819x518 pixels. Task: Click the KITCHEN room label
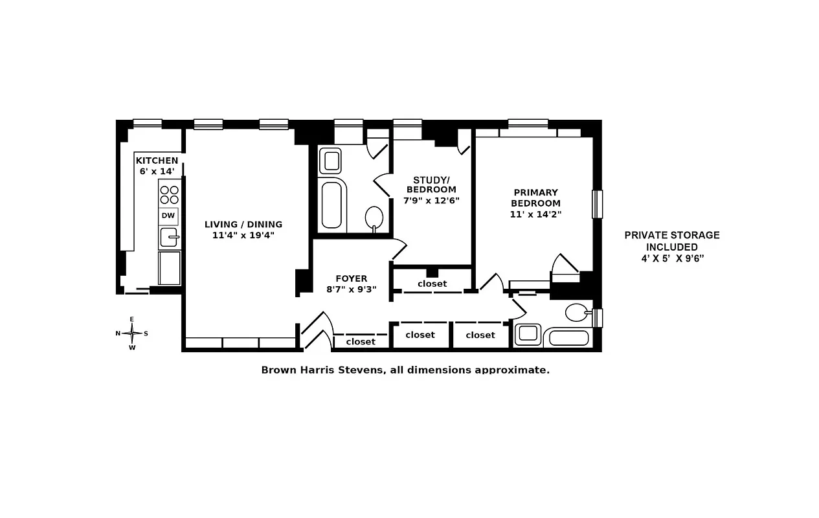(157, 161)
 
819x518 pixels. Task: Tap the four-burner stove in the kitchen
(169, 195)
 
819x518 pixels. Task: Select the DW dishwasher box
(168, 216)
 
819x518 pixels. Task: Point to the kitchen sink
(169, 238)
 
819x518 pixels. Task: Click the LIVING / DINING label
(243, 225)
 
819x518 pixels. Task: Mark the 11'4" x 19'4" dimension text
(243, 235)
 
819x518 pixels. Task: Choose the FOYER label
(352, 279)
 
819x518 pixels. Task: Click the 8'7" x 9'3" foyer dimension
(352, 289)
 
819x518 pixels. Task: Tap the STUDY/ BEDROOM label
(431, 185)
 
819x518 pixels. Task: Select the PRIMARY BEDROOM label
(535, 197)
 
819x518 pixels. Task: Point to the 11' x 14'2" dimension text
(535, 213)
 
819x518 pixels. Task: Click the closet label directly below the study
(432, 284)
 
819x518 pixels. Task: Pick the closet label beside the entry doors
(361, 341)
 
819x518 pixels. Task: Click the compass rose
(132, 333)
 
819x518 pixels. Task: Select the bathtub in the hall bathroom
(333, 204)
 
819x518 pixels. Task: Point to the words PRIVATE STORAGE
(671, 236)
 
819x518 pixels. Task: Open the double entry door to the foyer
(317, 332)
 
